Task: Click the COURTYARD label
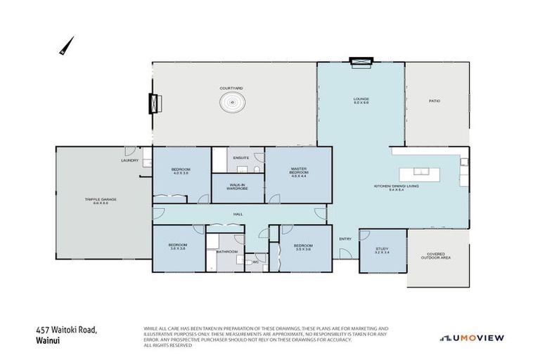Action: [x=231, y=88]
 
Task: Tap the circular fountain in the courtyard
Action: [x=231, y=103]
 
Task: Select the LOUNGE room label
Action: [x=361, y=100]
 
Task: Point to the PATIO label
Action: [x=435, y=101]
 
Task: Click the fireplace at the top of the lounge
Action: [x=361, y=63]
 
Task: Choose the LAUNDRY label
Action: [x=130, y=160]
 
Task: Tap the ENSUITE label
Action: [x=241, y=157]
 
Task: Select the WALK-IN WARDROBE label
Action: [x=238, y=188]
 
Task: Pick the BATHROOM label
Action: [x=227, y=251]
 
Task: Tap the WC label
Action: [x=257, y=262]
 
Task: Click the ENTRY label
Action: [x=345, y=239]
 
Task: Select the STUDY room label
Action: [x=382, y=249]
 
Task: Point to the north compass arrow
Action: [x=64, y=47]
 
